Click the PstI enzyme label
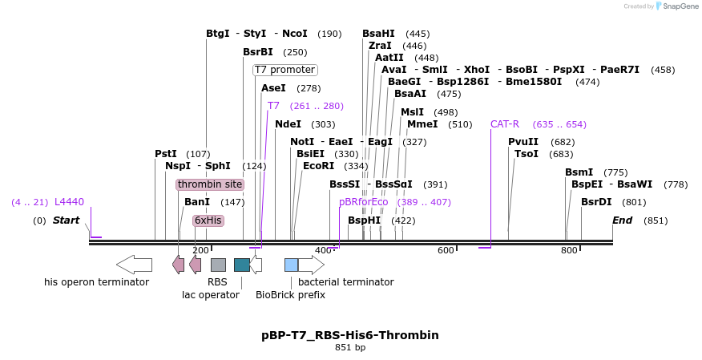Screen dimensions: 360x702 pyautogui.click(x=166, y=154)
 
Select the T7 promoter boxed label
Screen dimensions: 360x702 pyautogui.click(x=284, y=70)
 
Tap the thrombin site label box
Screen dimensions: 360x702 pyautogui.click(x=210, y=184)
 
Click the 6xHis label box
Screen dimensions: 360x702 pyautogui.click(x=208, y=220)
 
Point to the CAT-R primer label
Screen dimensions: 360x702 pyautogui.click(x=505, y=124)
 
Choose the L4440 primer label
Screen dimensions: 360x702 pyautogui.click(x=69, y=202)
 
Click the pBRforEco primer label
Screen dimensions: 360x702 pyautogui.click(x=363, y=202)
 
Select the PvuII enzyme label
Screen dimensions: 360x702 pyautogui.click(x=523, y=142)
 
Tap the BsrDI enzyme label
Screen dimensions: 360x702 pyautogui.click(x=596, y=202)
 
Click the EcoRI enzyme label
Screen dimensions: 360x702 pyautogui.click(x=318, y=166)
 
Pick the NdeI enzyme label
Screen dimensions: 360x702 pyautogui.click(x=288, y=124)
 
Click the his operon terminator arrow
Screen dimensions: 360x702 pyautogui.click(x=134, y=264)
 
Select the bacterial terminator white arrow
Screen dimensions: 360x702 pyautogui.click(x=312, y=264)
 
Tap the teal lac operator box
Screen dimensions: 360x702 pyautogui.click(x=241, y=264)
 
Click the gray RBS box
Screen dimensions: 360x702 pyautogui.click(x=218, y=264)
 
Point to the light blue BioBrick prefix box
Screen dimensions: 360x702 pyautogui.click(x=291, y=264)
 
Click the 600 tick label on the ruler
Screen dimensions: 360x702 pyautogui.click(x=446, y=251)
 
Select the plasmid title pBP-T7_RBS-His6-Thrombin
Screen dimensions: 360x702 pyautogui.click(x=350, y=334)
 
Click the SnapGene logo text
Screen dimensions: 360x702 pyautogui.click(x=677, y=6)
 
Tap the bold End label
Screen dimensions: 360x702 pyautogui.click(x=622, y=220)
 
